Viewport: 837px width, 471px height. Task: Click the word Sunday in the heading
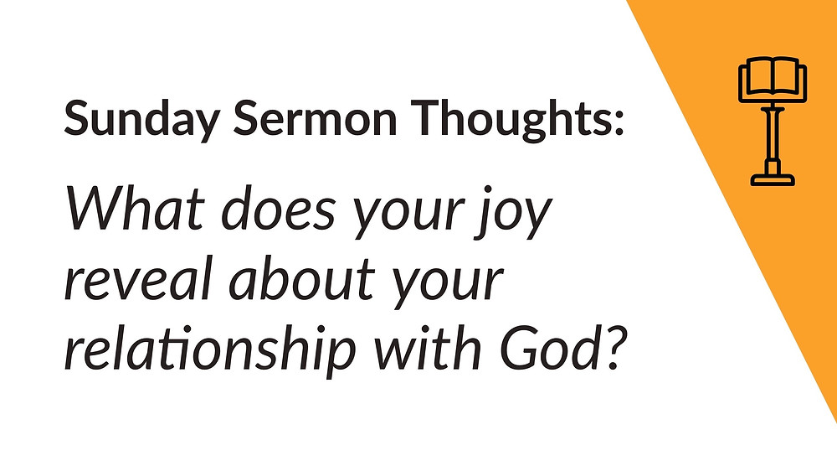[x=141, y=119]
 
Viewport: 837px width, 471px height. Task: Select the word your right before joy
[x=408, y=215]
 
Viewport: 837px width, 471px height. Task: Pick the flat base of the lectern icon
[x=773, y=179]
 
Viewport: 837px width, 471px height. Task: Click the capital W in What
[x=98, y=209]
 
